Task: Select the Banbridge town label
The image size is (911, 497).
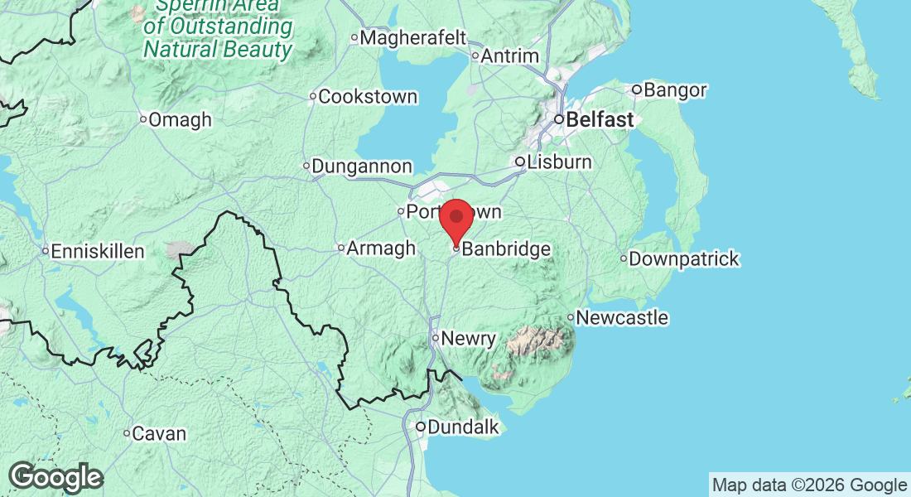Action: pos(505,248)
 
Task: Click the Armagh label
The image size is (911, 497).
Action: pos(381,248)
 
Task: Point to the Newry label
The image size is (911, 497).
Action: pos(469,338)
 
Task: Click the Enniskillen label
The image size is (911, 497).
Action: pos(98,251)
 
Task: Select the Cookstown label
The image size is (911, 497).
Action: pos(368,97)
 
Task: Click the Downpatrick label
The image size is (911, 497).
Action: pos(684,259)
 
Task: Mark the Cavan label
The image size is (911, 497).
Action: pos(159,433)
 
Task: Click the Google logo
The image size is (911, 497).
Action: pos(55,477)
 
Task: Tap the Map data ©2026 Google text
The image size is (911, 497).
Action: pos(809,485)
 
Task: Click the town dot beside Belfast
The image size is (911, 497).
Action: pos(559,120)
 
